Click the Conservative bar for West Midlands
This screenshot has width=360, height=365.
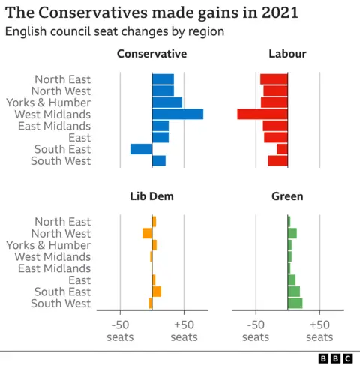click(x=178, y=114)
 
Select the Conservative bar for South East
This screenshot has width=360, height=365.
click(x=141, y=149)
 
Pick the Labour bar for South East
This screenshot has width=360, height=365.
click(x=282, y=149)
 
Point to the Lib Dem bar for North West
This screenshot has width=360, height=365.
click(x=147, y=233)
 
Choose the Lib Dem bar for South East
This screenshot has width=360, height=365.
click(x=157, y=292)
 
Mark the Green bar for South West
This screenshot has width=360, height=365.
click(x=295, y=303)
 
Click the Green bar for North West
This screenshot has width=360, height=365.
click(x=292, y=233)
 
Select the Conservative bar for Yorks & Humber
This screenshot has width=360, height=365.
click(x=167, y=103)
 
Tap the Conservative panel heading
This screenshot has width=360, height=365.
click(x=151, y=54)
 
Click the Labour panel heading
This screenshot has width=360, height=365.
click(x=287, y=54)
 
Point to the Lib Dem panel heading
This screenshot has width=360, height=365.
click(x=151, y=196)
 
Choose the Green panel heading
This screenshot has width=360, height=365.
click(x=287, y=196)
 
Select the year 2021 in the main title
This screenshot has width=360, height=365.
click(x=275, y=13)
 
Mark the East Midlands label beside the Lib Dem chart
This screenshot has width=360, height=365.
click(x=54, y=268)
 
